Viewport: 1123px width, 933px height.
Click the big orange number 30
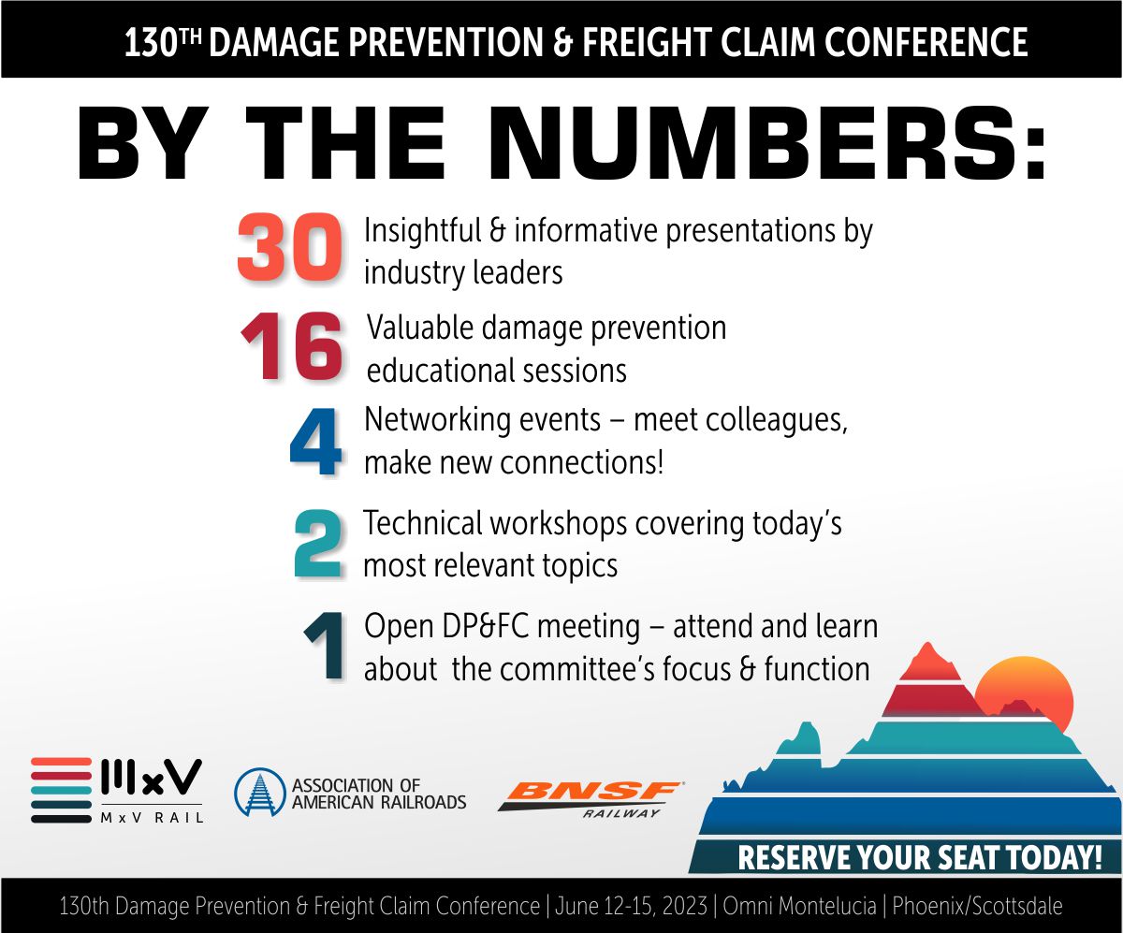(287, 248)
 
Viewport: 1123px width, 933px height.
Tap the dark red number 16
(291, 347)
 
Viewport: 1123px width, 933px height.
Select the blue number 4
(315, 444)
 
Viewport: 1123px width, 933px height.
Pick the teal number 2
(317, 544)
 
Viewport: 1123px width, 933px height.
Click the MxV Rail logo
(116, 790)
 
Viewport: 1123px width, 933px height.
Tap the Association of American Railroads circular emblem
(258, 793)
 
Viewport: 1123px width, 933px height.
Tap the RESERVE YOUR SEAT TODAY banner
(919, 858)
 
